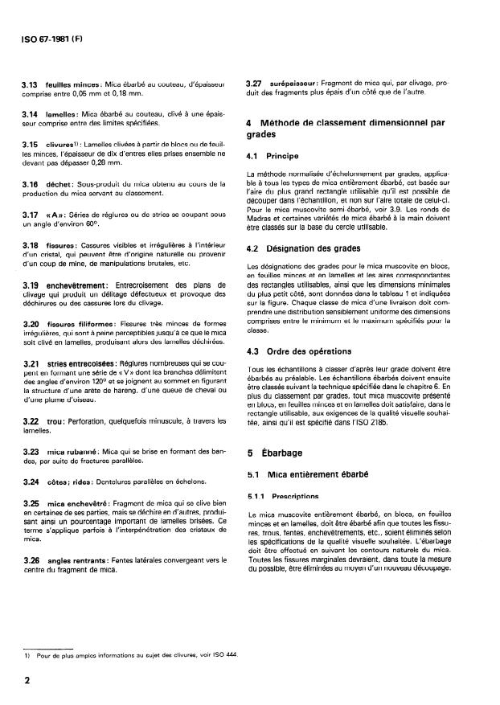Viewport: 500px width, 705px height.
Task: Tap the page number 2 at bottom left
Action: click(x=27, y=678)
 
